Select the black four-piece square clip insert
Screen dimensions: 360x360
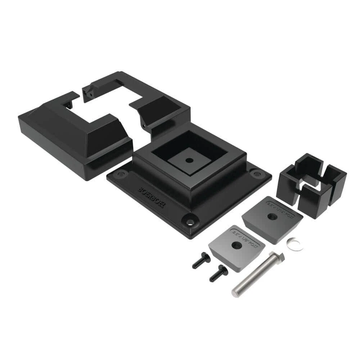click(x=312, y=184)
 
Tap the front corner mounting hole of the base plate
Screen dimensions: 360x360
click(x=190, y=220)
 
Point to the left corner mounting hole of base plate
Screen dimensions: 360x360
click(x=120, y=174)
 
